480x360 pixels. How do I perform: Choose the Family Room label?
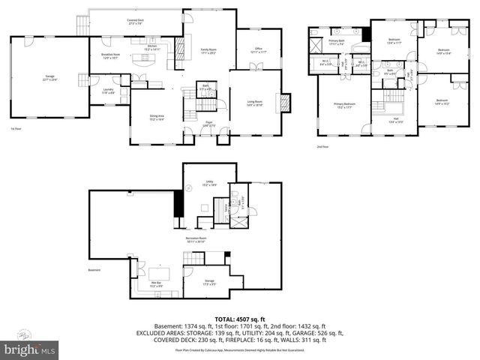point(208,52)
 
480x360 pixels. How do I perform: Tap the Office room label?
point(257,50)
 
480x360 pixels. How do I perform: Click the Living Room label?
point(254,103)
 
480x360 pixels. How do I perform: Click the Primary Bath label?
point(335,43)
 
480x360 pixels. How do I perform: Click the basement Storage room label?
point(209,282)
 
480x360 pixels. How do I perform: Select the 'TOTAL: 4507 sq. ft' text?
point(239,317)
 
